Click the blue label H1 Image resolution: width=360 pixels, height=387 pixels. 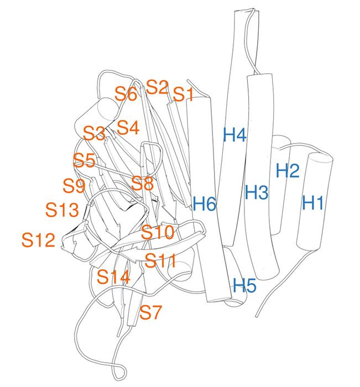[x=313, y=202]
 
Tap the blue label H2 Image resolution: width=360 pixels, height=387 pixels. [x=288, y=170]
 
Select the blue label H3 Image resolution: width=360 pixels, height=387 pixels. [x=257, y=192]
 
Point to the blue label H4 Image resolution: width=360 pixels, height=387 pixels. [x=234, y=135]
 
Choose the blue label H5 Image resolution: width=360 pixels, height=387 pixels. [x=244, y=285]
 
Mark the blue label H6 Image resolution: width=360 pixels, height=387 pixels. [x=205, y=203]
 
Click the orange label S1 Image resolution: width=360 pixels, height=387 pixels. [x=183, y=94]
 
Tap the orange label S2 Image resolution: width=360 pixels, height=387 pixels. [x=157, y=87]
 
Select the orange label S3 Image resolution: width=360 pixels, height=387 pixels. [x=94, y=133]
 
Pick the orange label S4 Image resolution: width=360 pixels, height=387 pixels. [x=128, y=127]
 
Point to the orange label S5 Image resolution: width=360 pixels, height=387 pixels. [x=85, y=160]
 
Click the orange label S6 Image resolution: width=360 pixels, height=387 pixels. [x=126, y=93]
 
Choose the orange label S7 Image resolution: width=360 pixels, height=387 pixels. [x=150, y=312]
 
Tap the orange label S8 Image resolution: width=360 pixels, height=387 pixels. [x=142, y=183]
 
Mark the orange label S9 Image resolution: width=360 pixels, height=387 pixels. [x=74, y=186]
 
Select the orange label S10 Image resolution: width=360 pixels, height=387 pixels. [x=158, y=232]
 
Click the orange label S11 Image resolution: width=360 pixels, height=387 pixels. [x=160, y=260]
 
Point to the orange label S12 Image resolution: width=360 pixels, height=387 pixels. [x=38, y=239]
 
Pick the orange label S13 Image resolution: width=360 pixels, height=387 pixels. [x=62, y=210]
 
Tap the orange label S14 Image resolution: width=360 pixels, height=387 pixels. [x=113, y=276]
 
